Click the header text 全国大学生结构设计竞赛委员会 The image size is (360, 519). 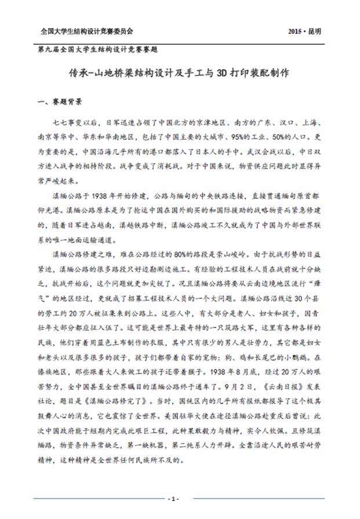coord(83,31)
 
